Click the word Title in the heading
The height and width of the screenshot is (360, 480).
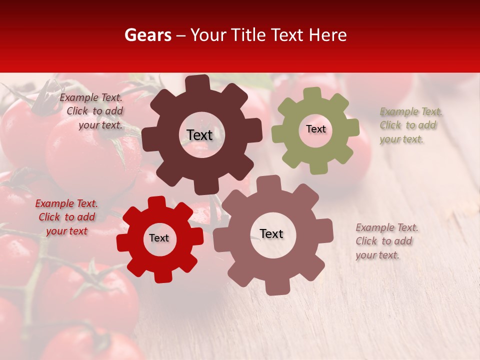[x=250, y=35]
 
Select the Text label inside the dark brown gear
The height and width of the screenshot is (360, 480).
[x=199, y=135]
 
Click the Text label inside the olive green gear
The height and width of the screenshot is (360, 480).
[x=315, y=129]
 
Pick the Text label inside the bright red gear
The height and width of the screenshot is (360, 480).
[x=159, y=238]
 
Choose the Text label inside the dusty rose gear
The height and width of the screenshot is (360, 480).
[x=271, y=233]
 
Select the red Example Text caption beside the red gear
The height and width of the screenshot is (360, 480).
[x=66, y=217]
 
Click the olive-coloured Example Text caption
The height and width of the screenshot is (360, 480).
[x=410, y=125]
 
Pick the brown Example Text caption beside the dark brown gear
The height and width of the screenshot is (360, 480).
[x=92, y=111]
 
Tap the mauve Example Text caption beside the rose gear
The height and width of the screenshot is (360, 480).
[x=386, y=241]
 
